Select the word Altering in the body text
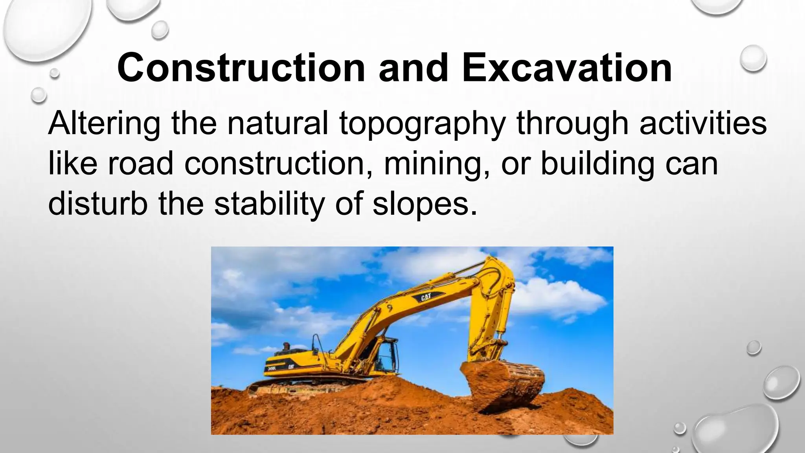[104, 123]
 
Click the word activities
[703, 123]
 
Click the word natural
[278, 123]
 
